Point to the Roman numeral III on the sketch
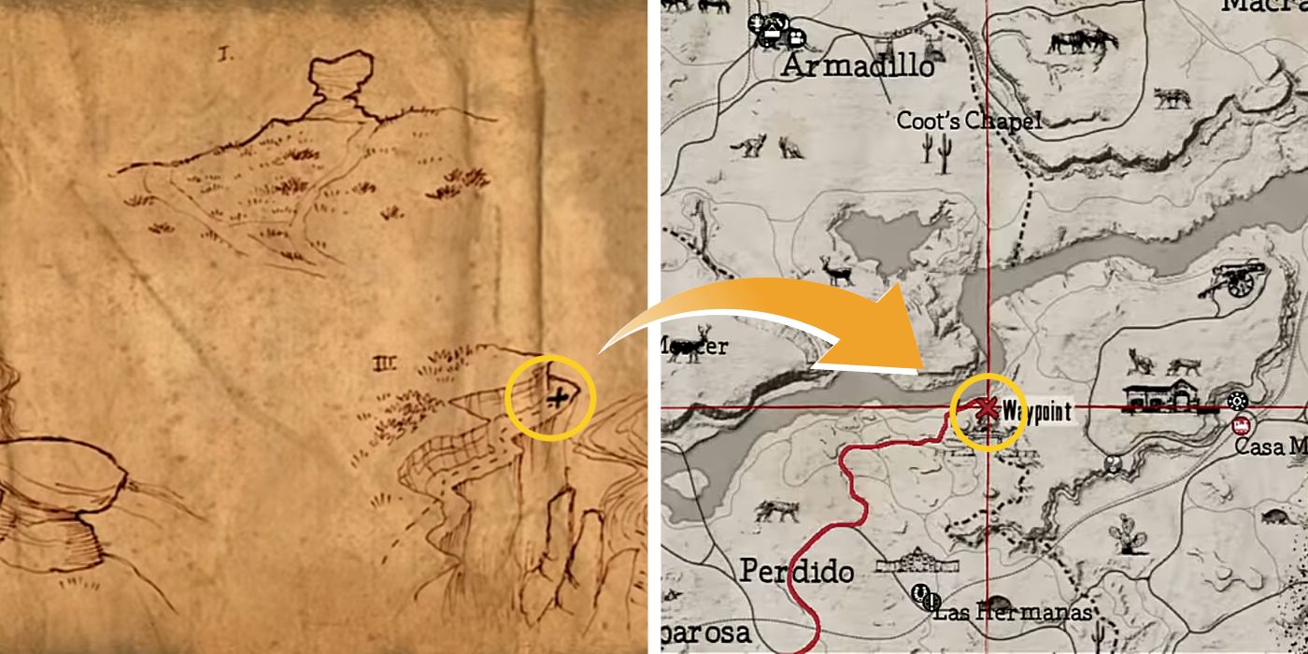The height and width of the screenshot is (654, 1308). pos(382,360)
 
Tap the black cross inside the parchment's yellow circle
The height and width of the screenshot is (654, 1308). pos(557,399)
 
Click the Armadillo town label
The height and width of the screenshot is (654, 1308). pos(858,66)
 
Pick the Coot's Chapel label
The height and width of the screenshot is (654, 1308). pos(968,121)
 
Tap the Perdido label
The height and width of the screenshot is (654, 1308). pos(797,571)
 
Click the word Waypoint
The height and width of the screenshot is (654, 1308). pos(1036,411)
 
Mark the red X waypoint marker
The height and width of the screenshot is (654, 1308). pos(985,408)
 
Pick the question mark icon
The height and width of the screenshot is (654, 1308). pos(1113,462)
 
